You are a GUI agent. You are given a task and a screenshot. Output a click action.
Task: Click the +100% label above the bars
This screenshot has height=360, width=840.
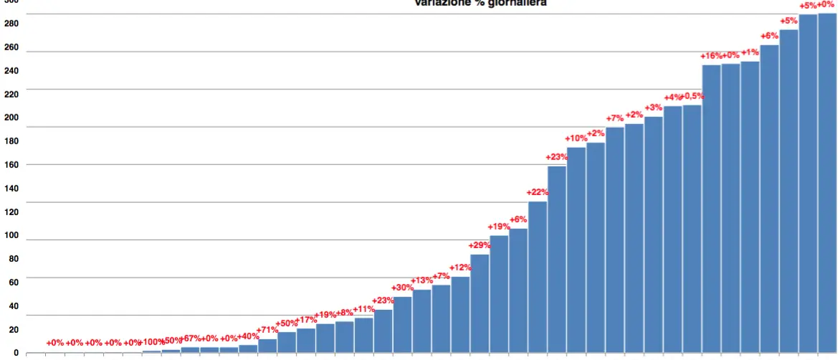[151, 342]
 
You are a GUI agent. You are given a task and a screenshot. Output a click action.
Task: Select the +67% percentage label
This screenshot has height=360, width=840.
[190, 338]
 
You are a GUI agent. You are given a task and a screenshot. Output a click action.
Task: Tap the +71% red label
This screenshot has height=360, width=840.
[267, 330]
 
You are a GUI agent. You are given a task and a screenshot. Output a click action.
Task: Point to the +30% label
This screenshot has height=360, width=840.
[403, 288]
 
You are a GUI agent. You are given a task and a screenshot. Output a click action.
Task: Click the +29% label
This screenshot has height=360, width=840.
[479, 245]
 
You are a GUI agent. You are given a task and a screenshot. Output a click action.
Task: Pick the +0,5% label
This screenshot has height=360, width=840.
[692, 96]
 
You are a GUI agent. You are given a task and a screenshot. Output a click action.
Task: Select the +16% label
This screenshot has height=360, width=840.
[711, 56]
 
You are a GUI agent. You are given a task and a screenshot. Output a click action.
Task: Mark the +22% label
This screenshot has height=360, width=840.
[538, 192]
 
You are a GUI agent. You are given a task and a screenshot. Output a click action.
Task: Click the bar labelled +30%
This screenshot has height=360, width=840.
[403, 324]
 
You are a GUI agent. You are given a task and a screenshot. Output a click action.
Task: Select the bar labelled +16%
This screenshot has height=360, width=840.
[711, 208]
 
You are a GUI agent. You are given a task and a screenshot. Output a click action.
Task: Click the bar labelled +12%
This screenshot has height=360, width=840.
[460, 315]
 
